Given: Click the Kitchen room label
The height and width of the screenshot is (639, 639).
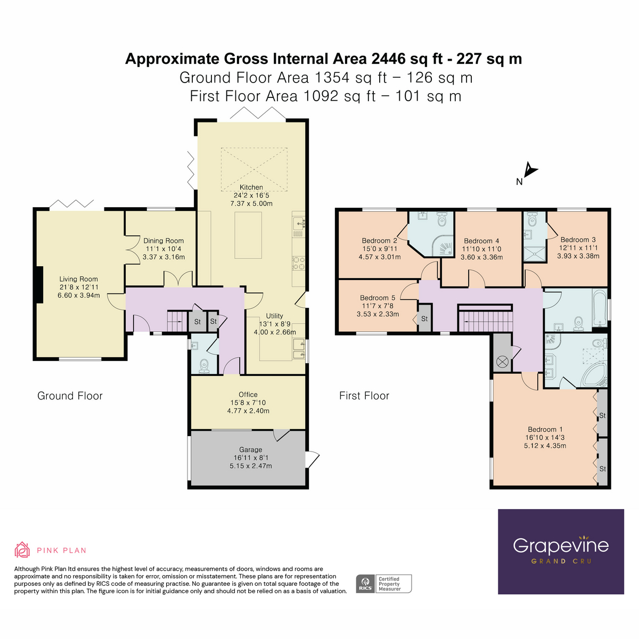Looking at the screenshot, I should (251, 187).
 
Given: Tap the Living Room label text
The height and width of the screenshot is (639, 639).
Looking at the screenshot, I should (78, 279).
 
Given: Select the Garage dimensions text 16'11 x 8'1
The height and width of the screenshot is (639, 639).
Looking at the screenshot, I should (250, 458).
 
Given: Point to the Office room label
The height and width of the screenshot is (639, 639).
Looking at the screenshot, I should (248, 395).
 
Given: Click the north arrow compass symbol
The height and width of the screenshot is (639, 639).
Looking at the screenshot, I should (530, 170).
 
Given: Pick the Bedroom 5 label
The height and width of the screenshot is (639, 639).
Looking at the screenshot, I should (378, 298).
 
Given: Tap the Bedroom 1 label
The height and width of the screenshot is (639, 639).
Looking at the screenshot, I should (545, 430).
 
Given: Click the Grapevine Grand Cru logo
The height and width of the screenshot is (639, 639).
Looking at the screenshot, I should (561, 551).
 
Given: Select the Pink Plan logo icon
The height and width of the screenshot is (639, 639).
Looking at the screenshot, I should (22, 550).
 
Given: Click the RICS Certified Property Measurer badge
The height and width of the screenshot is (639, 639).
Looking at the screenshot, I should (383, 584).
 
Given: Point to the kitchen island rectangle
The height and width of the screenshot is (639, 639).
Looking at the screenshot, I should (248, 235).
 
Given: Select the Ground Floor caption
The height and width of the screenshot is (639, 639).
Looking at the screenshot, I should (70, 396).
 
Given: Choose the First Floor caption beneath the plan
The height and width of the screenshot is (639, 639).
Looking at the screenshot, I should (364, 396).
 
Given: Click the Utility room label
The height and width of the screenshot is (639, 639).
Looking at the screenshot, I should (274, 316).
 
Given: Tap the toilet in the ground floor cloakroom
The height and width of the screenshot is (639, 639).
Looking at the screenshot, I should (203, 365).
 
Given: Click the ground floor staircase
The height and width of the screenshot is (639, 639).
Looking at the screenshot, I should (176, 321).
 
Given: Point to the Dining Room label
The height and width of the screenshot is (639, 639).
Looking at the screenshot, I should (163, 241).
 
